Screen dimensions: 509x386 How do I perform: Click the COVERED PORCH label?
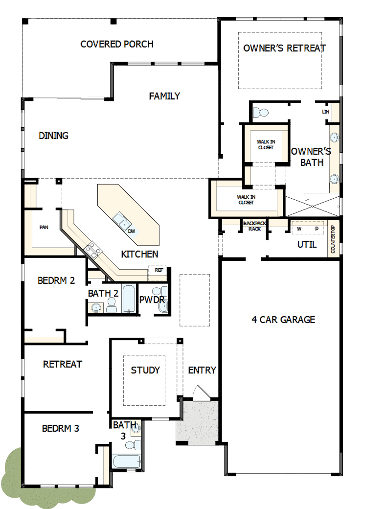(117, 44)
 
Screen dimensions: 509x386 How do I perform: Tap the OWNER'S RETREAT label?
(284, 48)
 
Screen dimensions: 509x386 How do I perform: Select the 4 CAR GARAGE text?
(283, 320)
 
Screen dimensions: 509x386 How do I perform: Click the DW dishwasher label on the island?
(132, 231)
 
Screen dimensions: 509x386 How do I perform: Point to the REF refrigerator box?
(159, 270)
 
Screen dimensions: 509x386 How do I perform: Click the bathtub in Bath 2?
(129, 299)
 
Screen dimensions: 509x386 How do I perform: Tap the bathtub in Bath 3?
(126, 462)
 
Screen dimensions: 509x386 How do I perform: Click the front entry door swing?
(201, 393)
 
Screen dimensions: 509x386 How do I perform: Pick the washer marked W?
(299, 229)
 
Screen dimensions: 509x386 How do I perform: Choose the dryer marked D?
(317, 229)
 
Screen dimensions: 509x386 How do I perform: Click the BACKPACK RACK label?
(254, 226)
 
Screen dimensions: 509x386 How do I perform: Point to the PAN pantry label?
(44, 227)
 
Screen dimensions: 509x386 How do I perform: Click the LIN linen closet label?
(325, 112)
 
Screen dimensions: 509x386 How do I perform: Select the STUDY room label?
(145, 370)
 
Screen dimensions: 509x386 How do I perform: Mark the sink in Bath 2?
(96, 307)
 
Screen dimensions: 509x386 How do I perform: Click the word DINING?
(53, 136)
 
